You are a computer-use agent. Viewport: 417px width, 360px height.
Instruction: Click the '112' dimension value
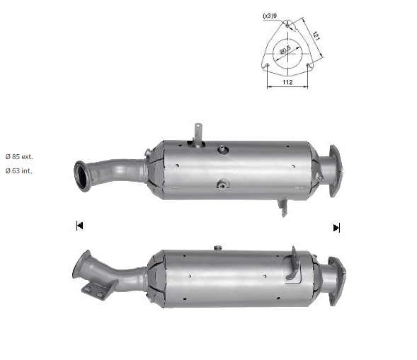(287, 82)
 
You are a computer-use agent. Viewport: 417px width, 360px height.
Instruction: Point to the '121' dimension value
(316, 35)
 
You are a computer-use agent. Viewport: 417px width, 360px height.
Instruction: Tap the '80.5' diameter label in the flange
(285, 50)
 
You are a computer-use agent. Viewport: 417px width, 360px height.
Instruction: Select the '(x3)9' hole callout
(270, 16)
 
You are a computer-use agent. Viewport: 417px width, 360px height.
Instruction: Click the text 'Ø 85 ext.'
(19, 157)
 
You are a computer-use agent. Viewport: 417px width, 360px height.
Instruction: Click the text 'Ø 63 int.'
(18, 171)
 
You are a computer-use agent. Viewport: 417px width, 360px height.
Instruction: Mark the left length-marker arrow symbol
(79, 226)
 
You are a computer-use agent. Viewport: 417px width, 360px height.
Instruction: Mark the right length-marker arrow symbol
(336, 228)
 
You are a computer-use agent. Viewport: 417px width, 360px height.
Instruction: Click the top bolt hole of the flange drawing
(287, 25)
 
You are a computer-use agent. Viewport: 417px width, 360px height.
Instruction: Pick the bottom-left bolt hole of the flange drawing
(268, 65)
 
